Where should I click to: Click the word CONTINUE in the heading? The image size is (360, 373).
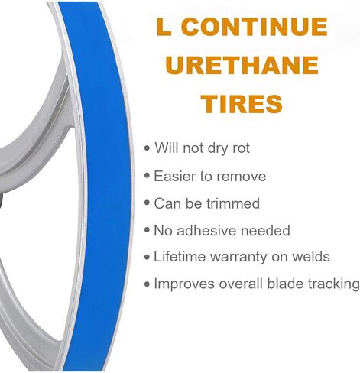[255, 27]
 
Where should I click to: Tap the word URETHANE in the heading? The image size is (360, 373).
[242, 65]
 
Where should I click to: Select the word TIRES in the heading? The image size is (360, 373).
[242, 103]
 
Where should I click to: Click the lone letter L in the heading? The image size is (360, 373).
[164, 27]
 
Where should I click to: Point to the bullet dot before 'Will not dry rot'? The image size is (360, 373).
[147, 148]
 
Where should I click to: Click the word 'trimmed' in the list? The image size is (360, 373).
[233, 203]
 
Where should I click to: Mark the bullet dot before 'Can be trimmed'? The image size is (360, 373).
[147, 203]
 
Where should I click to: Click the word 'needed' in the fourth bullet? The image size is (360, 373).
[265, 230]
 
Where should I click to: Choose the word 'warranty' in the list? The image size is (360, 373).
[238, 258]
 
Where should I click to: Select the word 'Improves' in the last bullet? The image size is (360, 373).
[184, 284]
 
